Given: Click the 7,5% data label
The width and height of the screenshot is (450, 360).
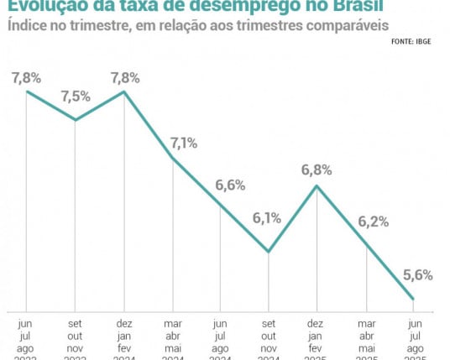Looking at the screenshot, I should [76, 96].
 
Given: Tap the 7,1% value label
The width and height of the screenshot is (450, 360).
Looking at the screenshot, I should [184, 143].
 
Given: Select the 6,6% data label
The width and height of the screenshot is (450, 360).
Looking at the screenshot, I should [231, 185].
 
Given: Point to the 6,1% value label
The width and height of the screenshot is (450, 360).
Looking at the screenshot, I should [267, 219].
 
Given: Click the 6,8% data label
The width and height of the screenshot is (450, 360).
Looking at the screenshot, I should [317, 170].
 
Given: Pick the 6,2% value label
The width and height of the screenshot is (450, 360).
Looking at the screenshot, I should [373, 222].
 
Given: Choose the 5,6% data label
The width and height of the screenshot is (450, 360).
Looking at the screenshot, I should [417, 275].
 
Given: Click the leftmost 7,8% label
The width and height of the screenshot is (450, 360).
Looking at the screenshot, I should [27, 78].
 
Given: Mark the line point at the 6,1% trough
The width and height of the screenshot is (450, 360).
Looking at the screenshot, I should [269, 252].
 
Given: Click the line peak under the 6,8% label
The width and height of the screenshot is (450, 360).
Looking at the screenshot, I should [317, 185].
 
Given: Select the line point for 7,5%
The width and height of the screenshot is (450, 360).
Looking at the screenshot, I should [76, 120].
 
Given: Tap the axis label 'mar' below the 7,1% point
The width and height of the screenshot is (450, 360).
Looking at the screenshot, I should [172, 322].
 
